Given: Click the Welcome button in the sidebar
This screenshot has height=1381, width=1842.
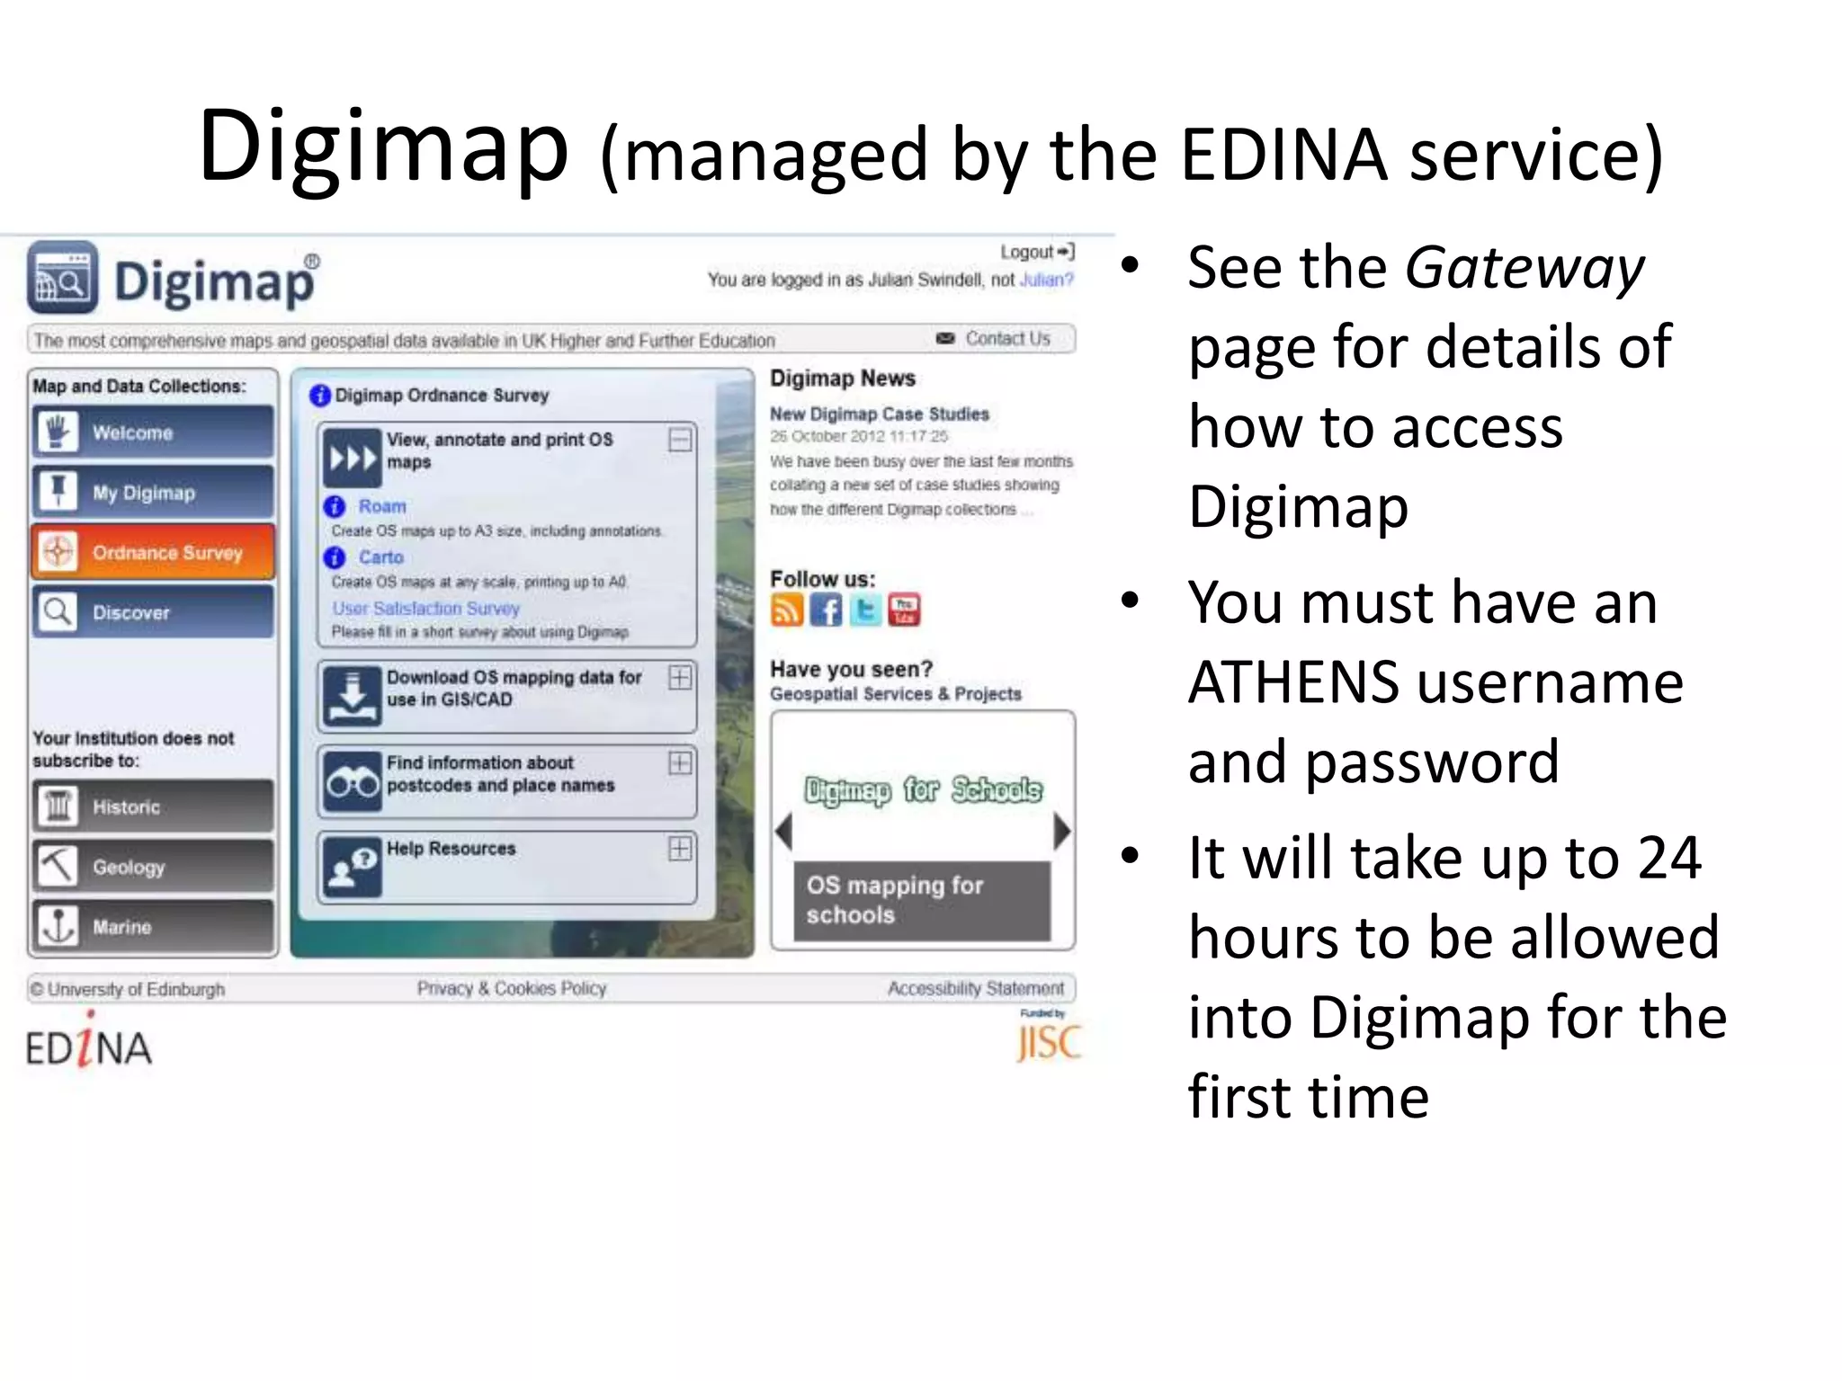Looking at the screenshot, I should (x=153, y=432).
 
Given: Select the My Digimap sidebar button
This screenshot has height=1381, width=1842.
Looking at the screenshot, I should (x=153, y=493).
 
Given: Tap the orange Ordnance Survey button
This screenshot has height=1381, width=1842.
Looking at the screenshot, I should (x=153, y=552).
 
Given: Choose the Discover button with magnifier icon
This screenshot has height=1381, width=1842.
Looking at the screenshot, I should (x=153, y=612).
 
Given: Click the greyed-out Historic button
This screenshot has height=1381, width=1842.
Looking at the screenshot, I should (x=153, y=806).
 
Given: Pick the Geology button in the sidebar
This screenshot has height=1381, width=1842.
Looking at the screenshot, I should (x=153, y=867).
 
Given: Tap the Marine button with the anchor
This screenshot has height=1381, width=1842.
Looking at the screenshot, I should (x=153, y=926).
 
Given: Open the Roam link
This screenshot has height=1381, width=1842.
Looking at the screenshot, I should (x=382, y=506).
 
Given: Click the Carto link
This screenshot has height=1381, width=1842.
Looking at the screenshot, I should (x=381, y=557).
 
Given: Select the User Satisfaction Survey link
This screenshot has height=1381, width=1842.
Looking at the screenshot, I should (x=426, y=609).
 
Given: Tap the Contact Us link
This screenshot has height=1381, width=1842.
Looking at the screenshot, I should (x=1007, y=339).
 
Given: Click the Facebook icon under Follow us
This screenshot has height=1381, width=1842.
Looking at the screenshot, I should (x=826, y=610).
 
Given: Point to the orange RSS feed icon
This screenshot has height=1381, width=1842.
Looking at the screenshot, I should (x=786, y=610).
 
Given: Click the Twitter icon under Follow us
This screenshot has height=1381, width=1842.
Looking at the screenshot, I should (x=865, y=610).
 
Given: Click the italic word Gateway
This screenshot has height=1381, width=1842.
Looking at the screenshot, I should (x=1525, y=268).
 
